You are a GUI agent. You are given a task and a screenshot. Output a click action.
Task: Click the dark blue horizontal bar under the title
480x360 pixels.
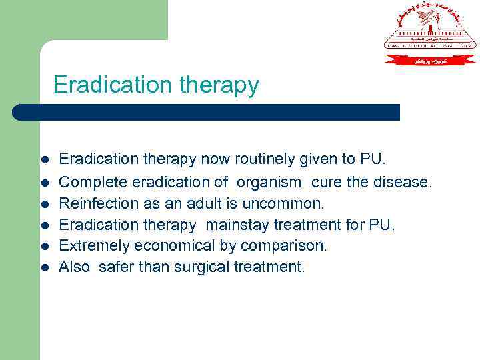pyautogui.click(x=207, y=112)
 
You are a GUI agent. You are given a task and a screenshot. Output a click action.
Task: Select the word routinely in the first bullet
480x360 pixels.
pyautogui.click(x=261, y=159)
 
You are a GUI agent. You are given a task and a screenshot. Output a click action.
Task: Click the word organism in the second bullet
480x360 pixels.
pyautogui.click(x=269, y=182)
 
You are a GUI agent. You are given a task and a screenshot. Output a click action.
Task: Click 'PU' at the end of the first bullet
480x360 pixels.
pyautogui.click(x=371, y=159)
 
